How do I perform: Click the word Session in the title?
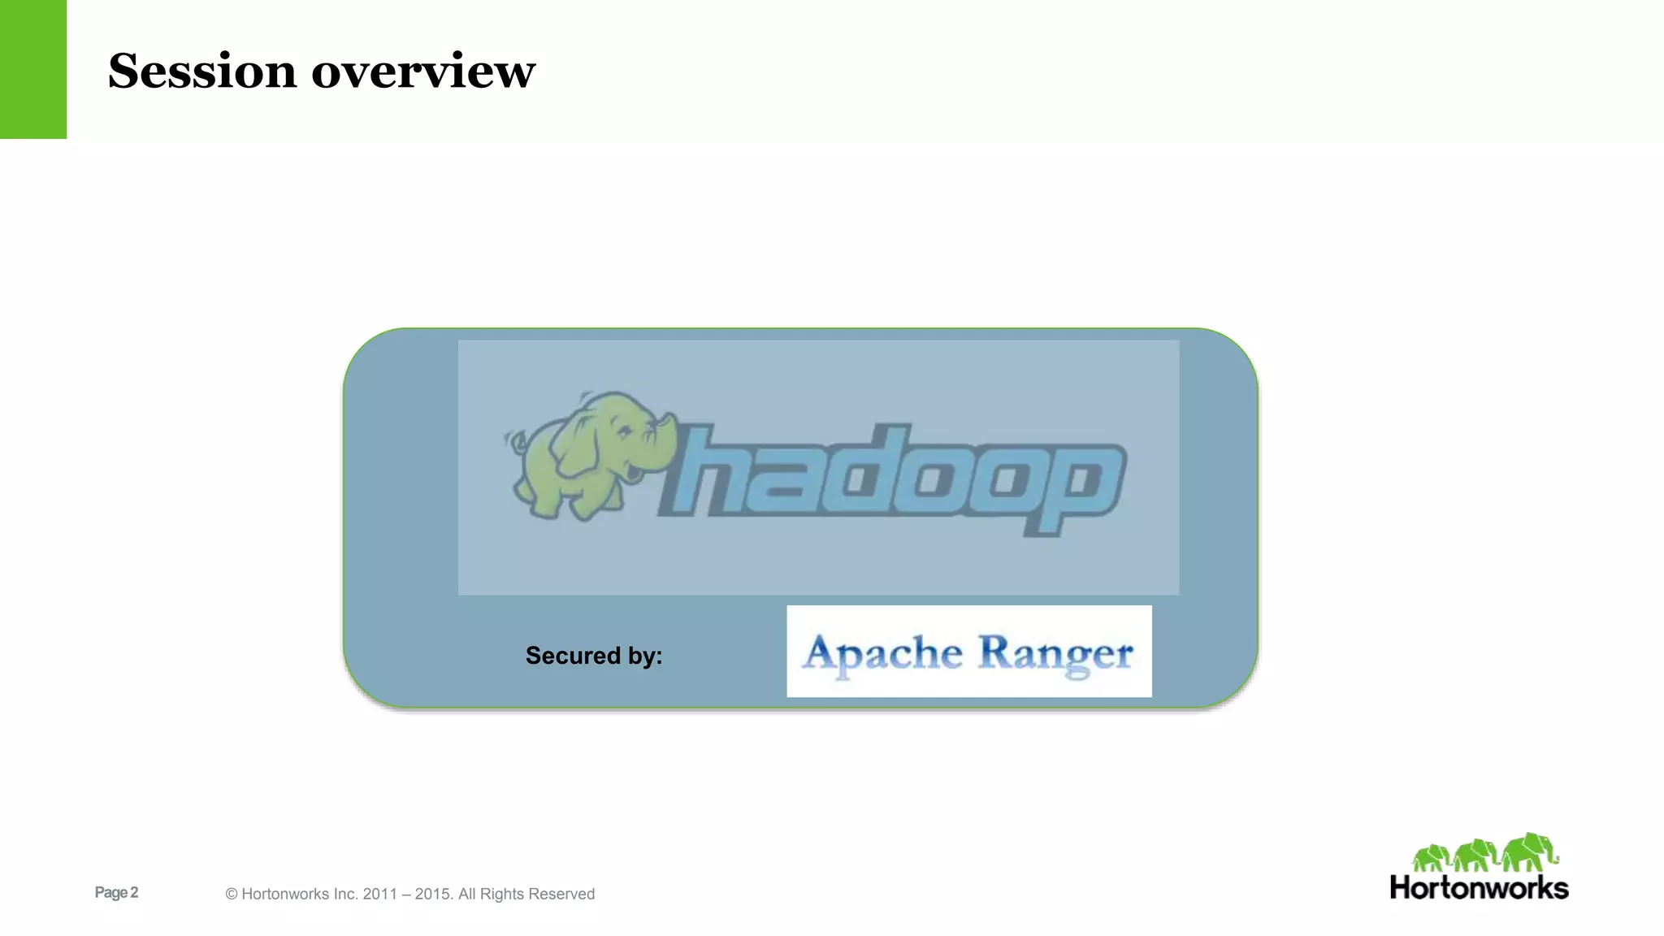(201, 71)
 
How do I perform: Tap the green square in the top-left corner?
(32, 69)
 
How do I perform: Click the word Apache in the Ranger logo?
(882, 653)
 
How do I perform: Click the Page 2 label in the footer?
(116, 892)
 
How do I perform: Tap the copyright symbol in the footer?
(232, 895)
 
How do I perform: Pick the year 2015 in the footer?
(432, 895)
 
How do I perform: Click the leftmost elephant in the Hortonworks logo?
(1431, 858)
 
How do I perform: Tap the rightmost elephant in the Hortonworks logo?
(1529, 851)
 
